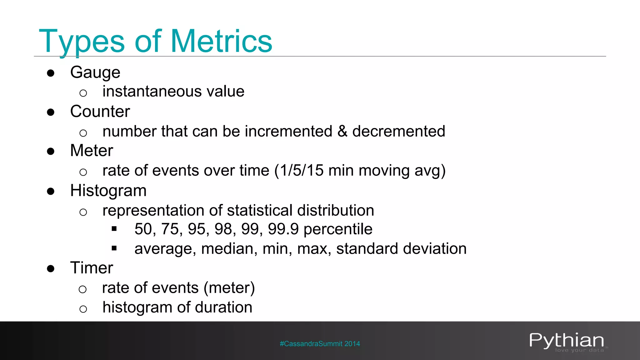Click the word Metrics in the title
221,41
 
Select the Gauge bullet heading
95,72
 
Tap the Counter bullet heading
100,112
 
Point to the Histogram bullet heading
108,191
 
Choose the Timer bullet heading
92,268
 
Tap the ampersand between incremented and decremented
342,131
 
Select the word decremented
399,131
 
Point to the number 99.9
283,229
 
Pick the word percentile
338,229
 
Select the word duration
223,307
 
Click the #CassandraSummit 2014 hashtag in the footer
320,344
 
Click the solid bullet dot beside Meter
51,152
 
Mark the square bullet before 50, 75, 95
114,229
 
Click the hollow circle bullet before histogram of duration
83,309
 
